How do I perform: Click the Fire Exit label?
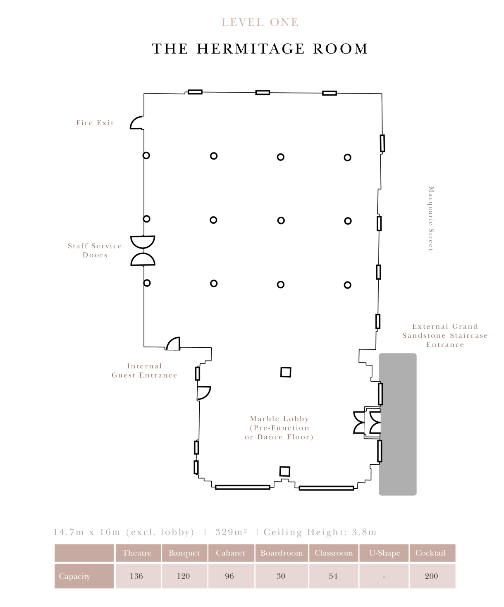tap(95, 123)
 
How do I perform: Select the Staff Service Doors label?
tap(95, 250)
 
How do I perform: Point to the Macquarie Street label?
tap(431, 219)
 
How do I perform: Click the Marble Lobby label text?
tap(279, 428)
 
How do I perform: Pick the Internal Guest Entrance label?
tap(144, 370)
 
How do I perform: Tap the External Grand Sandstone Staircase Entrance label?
tap(445, 335)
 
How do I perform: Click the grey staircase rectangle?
tap(398, 424)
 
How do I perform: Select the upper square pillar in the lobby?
tap(286, 372)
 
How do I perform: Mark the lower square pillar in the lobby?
tap(285, 471)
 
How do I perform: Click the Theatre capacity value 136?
tap(136, 576)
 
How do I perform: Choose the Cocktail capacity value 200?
tap(431, 576)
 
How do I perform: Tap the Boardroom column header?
tap(282, 553)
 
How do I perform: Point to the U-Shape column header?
tap(385, 553)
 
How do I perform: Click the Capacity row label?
tap(75, 576)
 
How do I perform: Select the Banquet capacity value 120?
tap(184, 576)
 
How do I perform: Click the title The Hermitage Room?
tap(260, 48)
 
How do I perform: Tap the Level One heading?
tap(260, 22)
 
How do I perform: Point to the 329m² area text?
tap(232, 532)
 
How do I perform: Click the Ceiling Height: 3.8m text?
tap(320, 532)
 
